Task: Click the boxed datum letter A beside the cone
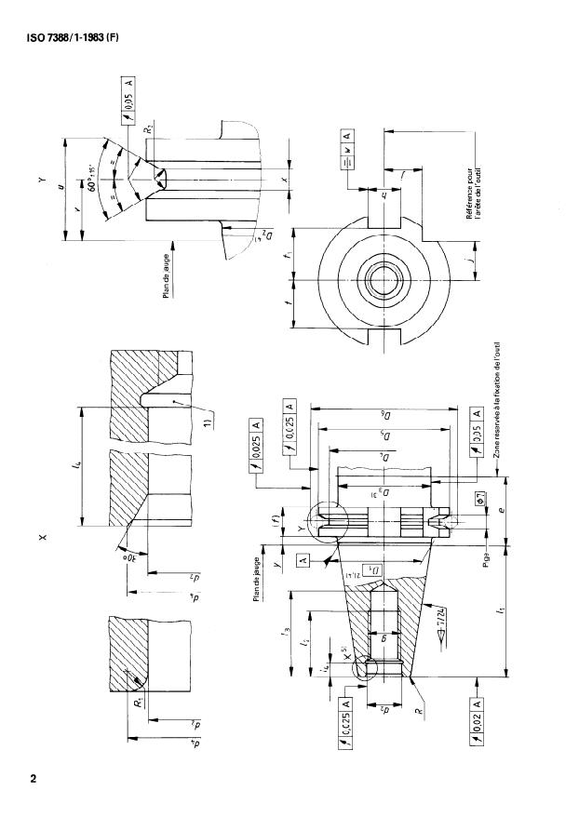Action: coord(303,559)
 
